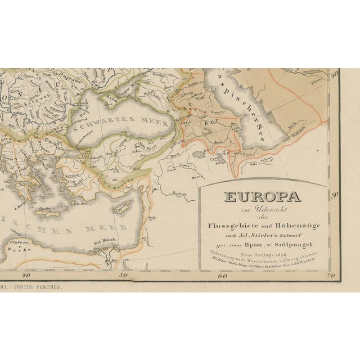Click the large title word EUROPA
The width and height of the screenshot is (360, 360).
pyautogui.click(x=262, y=197)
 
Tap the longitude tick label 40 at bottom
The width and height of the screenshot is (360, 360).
pyautogui.click(x=25, y=275)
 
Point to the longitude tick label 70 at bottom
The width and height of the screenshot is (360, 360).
pyautogui.click(x=330, y=276)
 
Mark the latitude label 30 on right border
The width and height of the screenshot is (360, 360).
pyautogui.click(x=334, y=194)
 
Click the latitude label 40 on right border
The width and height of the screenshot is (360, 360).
pyautogui.click(x=334, y=73)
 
